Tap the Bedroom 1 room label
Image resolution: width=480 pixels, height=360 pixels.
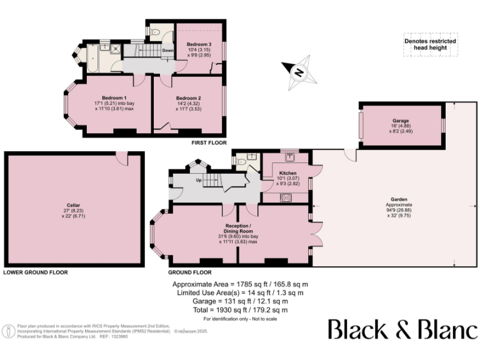(x=114, y=98)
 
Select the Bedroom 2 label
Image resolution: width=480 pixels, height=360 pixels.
(x=188, y=98)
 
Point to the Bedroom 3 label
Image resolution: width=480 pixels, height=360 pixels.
(x=198, y=44)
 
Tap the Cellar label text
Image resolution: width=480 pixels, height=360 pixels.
(x=74, y=204)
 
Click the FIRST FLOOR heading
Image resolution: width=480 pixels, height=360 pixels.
(x=209, y=143)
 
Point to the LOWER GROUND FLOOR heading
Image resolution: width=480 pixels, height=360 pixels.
(x=35, y=272)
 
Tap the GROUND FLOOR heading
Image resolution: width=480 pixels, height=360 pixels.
(x=190, y=272)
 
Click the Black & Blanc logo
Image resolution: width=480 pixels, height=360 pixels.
(x=402, y=329)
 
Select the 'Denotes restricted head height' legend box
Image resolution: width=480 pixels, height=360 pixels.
(x=430, y=44)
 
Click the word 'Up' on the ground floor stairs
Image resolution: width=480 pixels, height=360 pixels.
(x=199, y=181)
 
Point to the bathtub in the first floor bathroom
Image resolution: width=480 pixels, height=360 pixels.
(x=91, y=57)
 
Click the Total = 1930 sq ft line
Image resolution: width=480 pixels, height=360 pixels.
(x=240, y=309)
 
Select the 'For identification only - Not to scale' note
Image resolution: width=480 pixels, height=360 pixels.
(x=240, y=319)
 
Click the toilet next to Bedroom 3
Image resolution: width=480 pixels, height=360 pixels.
(x=155, y=31)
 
